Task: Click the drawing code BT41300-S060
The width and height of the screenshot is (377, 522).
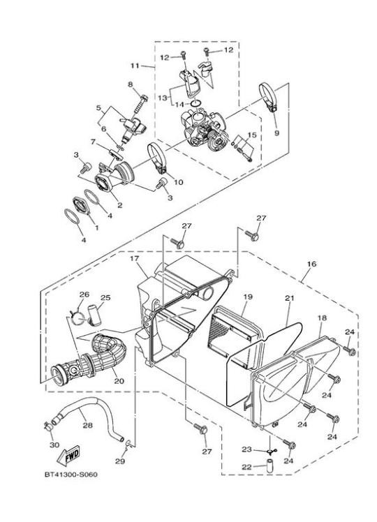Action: (71, 475)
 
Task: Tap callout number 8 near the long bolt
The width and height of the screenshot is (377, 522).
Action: (131, 84)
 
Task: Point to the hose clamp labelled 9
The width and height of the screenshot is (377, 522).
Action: (268, 97)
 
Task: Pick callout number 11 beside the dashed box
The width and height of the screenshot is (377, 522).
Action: (135, 66)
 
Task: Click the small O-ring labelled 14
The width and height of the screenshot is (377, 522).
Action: (195, 104)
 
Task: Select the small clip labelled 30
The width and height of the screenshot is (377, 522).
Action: (48, 426)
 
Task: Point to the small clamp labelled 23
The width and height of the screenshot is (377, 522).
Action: (269, 452)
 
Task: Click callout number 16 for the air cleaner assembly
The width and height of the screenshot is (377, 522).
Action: (312, 264)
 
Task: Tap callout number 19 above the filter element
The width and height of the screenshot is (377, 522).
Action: (248, 297)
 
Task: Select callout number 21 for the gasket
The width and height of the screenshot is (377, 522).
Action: (290, 298)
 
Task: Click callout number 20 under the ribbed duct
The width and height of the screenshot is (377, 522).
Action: (119, 381)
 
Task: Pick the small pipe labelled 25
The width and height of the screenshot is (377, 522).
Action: (94, 315)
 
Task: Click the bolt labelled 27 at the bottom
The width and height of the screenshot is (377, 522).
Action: (200, 429)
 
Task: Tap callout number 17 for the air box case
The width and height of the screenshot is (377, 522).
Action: (134, 258)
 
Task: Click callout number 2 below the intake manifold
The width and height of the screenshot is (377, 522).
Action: (119, 205)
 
